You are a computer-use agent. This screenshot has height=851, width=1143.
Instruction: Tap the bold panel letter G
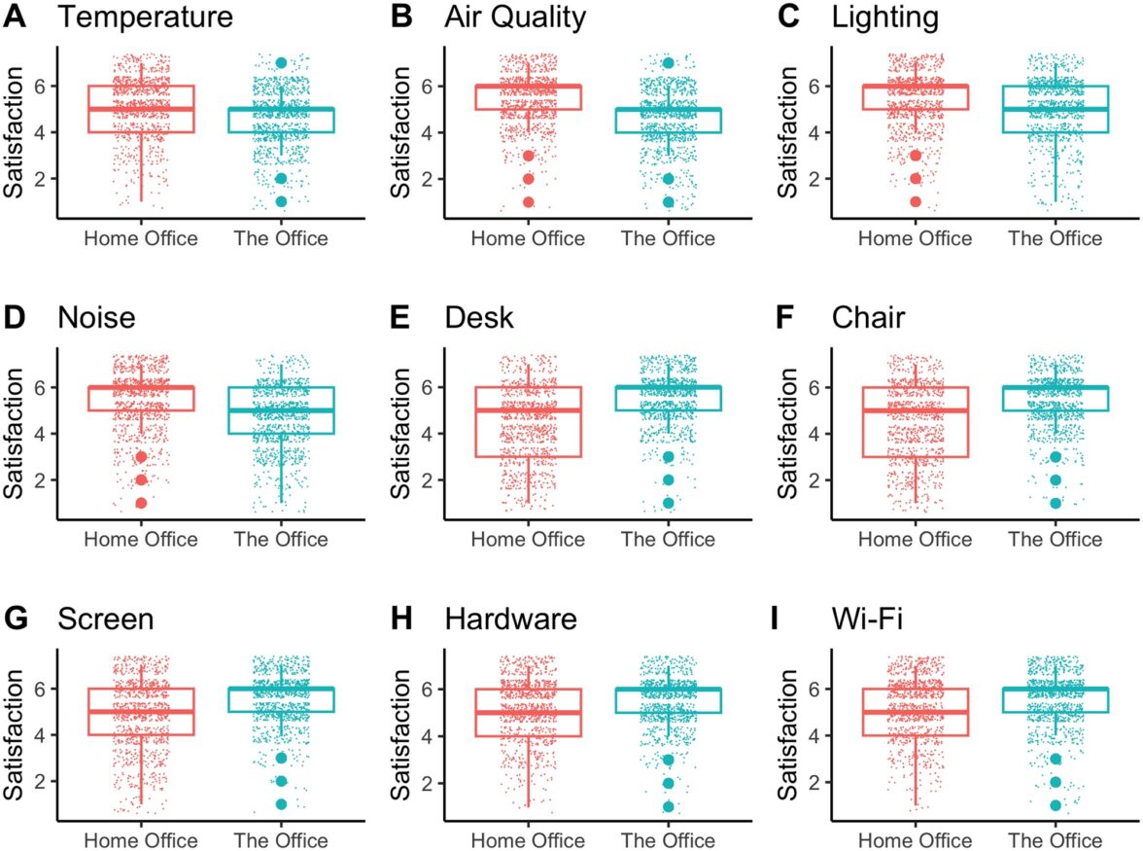coord(17,620)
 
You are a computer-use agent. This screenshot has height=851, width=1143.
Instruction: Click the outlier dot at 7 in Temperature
coord(281,62)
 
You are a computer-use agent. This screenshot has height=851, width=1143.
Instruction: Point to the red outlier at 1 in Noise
coord(141,503)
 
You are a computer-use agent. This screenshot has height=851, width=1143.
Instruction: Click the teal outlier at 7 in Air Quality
coord(668,62)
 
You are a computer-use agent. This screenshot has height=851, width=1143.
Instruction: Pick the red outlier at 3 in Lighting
coord(916,156)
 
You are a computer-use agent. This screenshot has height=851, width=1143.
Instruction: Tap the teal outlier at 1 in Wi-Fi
coord(1055,805)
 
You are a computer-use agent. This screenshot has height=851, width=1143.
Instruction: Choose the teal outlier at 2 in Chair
coord(1055,480)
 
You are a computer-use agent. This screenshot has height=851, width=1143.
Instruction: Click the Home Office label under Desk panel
coord(528,540)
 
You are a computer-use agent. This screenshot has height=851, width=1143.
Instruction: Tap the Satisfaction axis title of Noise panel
coord(14,434)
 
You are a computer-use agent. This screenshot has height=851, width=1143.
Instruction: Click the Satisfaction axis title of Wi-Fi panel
coord(787,735)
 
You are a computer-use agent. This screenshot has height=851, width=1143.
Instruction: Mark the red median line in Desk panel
coord(528,410)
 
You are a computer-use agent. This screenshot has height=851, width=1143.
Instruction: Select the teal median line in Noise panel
coord(281,410)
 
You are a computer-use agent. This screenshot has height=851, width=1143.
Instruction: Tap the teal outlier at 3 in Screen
coord(281,759)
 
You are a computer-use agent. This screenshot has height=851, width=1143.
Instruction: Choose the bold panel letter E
coord(401,318)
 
